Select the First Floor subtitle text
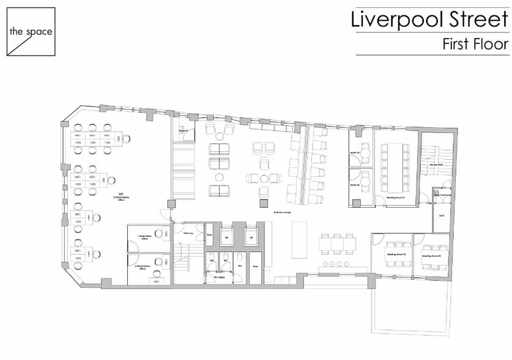click(x=476, y=44)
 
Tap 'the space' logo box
click(x=31, y=31)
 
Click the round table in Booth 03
click(x=365, y=152)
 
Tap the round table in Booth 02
click(x=365, y=182)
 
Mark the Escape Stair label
click(x=436, y=165)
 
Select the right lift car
click(x=251, y=236)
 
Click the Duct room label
click(x=441, y=216)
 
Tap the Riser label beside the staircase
click(x=209, y=234)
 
